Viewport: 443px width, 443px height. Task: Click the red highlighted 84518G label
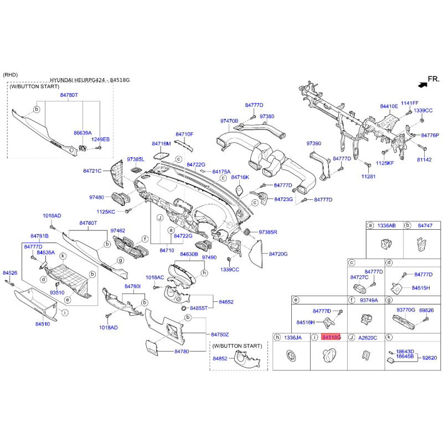click(331, 337)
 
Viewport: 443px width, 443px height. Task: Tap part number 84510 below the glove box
click(43, 323)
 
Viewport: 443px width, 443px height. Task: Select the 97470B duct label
click(229, 121)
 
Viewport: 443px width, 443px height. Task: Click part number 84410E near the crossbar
click(389, 106)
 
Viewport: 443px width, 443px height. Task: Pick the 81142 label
click(424, 159)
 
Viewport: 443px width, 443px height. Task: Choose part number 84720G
click(279, 254)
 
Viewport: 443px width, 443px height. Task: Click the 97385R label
click(267, 231)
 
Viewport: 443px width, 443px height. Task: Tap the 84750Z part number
click(220, 334)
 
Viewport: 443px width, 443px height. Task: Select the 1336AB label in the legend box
click(387, 226)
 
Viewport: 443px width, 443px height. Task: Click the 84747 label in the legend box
click(425, 226)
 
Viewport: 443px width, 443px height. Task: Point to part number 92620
click(430, 358)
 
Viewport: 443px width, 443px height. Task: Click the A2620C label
click(368, 337)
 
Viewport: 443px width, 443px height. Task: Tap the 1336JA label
click(293, 337)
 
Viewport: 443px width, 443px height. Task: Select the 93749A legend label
click(369, 300)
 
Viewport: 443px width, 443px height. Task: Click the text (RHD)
click(11, 74)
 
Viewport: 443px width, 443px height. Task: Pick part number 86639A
click(83, 133)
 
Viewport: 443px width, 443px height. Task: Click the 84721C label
click(92, 171)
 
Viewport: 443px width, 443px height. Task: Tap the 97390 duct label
click(314, 143)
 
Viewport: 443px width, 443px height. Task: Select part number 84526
click(10, 273)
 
